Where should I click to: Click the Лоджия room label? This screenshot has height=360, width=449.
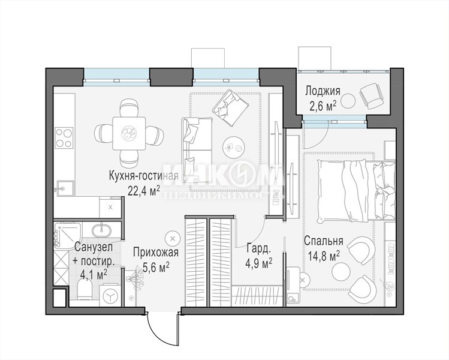pyautogui.click(x=323, y=91)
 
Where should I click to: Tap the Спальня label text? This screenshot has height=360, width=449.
pyautogui.click(x=324, y=241)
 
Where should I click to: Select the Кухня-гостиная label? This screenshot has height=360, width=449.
pyautogui.click(x=144, y=175)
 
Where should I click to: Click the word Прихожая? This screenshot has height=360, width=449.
pyautogui.click(x=156, y=253)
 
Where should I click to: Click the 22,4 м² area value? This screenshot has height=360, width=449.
pyautogui.click(x=144, y=190)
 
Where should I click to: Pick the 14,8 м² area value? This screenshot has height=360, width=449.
pyautogui.click(x=324, y=256)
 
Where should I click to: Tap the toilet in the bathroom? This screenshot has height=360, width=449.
pyautogui.click(x=85, y=288)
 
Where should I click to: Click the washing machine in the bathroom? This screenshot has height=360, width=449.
pyautogui.click(x=110, y=295)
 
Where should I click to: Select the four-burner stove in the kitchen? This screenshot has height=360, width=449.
pyautogui.click(x=64, y=138)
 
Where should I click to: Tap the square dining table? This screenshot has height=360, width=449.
pyautogui.click(x=128, y=133)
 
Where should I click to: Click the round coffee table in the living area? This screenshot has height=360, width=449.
pyautogui.click(x=234, y=146)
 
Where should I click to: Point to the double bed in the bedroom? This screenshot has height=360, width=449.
pyautogui.click(x=355, y=191)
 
